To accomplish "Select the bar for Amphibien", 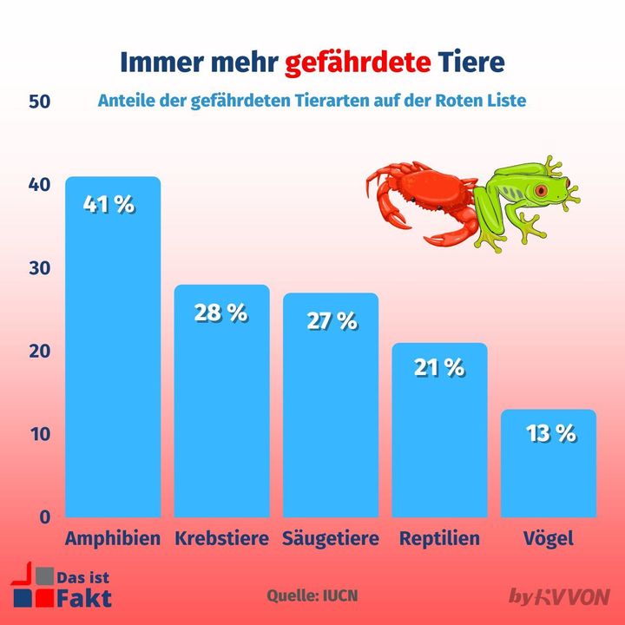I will click(114, 365).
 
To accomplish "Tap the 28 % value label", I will click(221, 313).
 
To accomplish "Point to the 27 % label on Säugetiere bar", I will click(332, 320).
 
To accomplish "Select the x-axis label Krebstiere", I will click(222, 539).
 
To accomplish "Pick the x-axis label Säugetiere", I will click(331, 539).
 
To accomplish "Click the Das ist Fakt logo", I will click(60, 587).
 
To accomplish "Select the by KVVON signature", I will click(559, 596).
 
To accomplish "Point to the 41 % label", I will click(109, 206).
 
